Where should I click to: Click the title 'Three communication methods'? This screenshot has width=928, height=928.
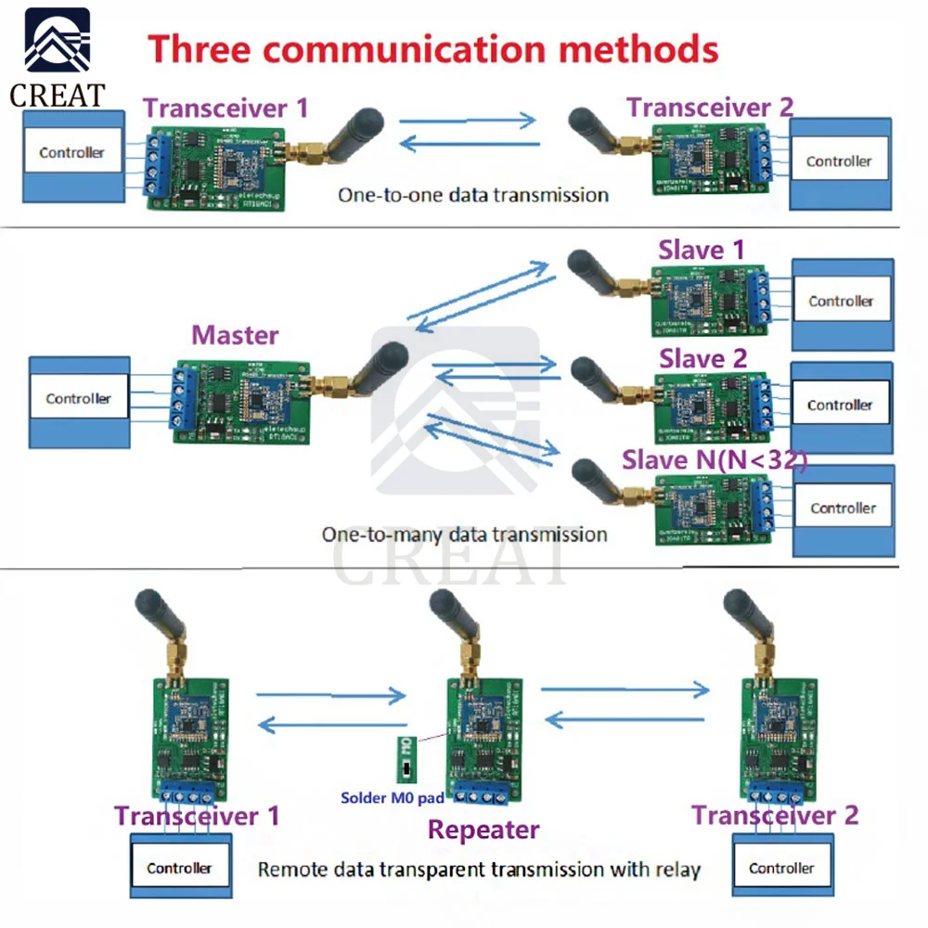pyautogui.click(x=434, y=47)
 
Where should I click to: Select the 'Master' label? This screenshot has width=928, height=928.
pyautogui.click(x=235, y=335)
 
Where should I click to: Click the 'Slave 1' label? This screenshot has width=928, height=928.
pyautogui.click(x=702, y=250)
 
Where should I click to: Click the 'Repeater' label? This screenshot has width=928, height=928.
pyautogui.click(x=483, y=830)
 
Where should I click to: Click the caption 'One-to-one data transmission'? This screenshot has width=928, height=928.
pyautogui.click(x=473, y=195)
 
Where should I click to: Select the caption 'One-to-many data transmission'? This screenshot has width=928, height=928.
pyautogui.click(x=464, y=535)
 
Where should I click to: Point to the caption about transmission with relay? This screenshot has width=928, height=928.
pyautogui.click(x=479, y=870)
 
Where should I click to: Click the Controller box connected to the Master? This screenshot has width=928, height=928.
pyautogui.click(x=79, y=399)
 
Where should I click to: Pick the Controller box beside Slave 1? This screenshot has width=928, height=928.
pyautogui.click(x=841, y=301)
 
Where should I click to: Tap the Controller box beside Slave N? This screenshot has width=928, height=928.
pyautogui.click(x=843, y=508)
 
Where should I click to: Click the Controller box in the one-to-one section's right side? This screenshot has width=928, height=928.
pyautogui.click(x=839, y=161)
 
